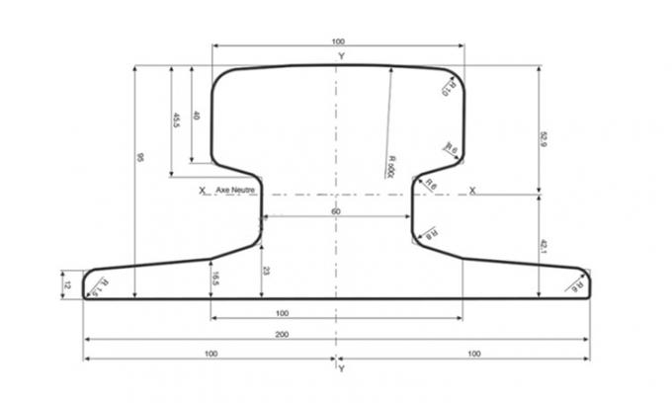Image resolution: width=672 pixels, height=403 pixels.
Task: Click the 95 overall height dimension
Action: point(140,158)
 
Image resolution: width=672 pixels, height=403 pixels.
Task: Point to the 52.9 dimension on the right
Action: point(543,139)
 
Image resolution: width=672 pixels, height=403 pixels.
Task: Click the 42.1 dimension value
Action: point(543,244)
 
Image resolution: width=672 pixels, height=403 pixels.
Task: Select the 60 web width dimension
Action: point(336,212)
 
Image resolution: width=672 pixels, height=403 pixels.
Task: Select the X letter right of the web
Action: point(471,190)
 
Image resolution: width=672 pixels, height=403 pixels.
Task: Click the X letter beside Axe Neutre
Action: point(201,190)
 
